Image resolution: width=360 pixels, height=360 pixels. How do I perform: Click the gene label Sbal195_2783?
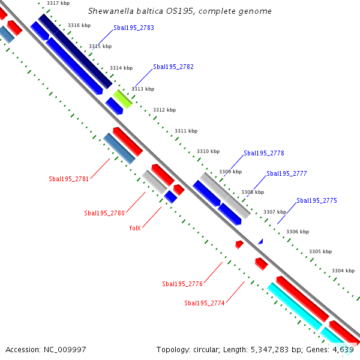pos(134,28)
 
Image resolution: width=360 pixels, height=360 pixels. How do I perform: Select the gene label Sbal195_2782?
pos(173,67)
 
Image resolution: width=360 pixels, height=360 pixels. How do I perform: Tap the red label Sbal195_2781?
pos(69,179)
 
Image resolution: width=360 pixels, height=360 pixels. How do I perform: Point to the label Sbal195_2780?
pos(104,213)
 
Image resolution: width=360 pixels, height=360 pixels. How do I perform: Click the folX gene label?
pos(135,228)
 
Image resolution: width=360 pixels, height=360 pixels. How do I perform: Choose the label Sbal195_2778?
pos(264,153)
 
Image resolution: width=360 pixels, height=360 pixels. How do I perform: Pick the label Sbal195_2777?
pos(287,173)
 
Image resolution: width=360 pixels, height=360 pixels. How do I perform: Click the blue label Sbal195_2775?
pos(317,200)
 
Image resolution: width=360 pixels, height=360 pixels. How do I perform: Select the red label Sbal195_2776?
pos(182,284)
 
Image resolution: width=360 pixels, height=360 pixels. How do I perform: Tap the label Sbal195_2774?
pos(205,304)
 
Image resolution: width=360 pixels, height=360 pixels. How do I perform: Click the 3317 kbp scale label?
pos(58,4)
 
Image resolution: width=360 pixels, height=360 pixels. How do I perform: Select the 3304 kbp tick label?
pos(343,271)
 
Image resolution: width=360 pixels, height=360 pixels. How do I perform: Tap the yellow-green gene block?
pos(123,99)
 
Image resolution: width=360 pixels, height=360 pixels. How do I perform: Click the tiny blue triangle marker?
pos(260,241)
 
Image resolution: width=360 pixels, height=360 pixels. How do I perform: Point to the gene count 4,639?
pos(344,349)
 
